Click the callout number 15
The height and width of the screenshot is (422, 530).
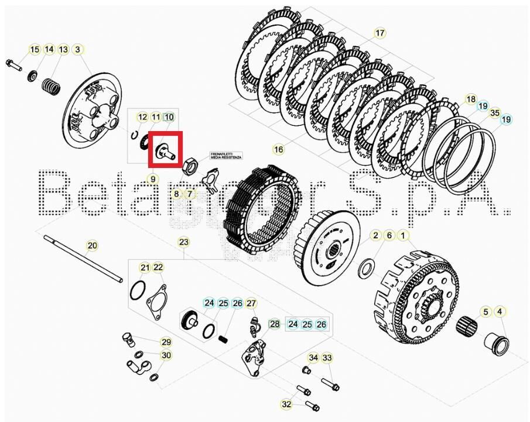click(35, 50)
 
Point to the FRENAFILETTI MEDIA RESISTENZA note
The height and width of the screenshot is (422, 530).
click(226, 157)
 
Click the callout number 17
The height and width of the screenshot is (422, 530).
click(380, 33)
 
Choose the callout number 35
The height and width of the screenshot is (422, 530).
click(495, 113)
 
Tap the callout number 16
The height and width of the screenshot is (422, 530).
click(278, 150)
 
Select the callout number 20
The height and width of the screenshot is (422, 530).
click(92, 245)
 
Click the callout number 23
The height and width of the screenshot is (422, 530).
click(184, 242)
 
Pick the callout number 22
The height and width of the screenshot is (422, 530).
click(158, 267)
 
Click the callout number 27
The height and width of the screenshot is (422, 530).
click(251, 303)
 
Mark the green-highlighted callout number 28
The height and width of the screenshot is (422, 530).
click(275, 324)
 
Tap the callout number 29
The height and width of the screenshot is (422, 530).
click(166, 342)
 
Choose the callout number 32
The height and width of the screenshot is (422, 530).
click(286, 404)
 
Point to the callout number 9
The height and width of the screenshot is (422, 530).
click(152, 179)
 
